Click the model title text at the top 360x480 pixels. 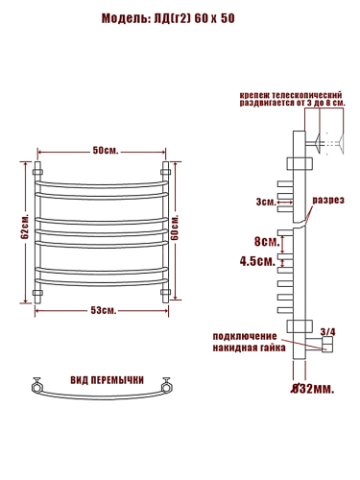(168, 18)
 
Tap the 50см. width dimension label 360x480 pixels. (106, 150)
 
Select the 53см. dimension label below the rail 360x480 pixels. (104, 310)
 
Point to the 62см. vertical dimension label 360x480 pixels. (25, 227)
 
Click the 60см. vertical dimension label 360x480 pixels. (175, 228)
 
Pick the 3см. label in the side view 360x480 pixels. (266, 202)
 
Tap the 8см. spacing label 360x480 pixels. (267, 242)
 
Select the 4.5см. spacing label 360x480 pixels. (257, 261)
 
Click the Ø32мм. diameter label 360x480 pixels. (313, 389)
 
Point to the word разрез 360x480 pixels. (328, 201)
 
